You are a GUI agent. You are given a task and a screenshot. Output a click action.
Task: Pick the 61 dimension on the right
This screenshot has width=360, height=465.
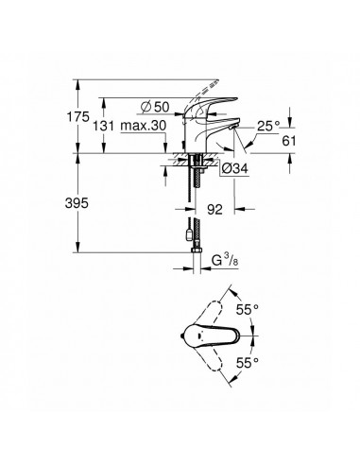[x=291, y=140]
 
